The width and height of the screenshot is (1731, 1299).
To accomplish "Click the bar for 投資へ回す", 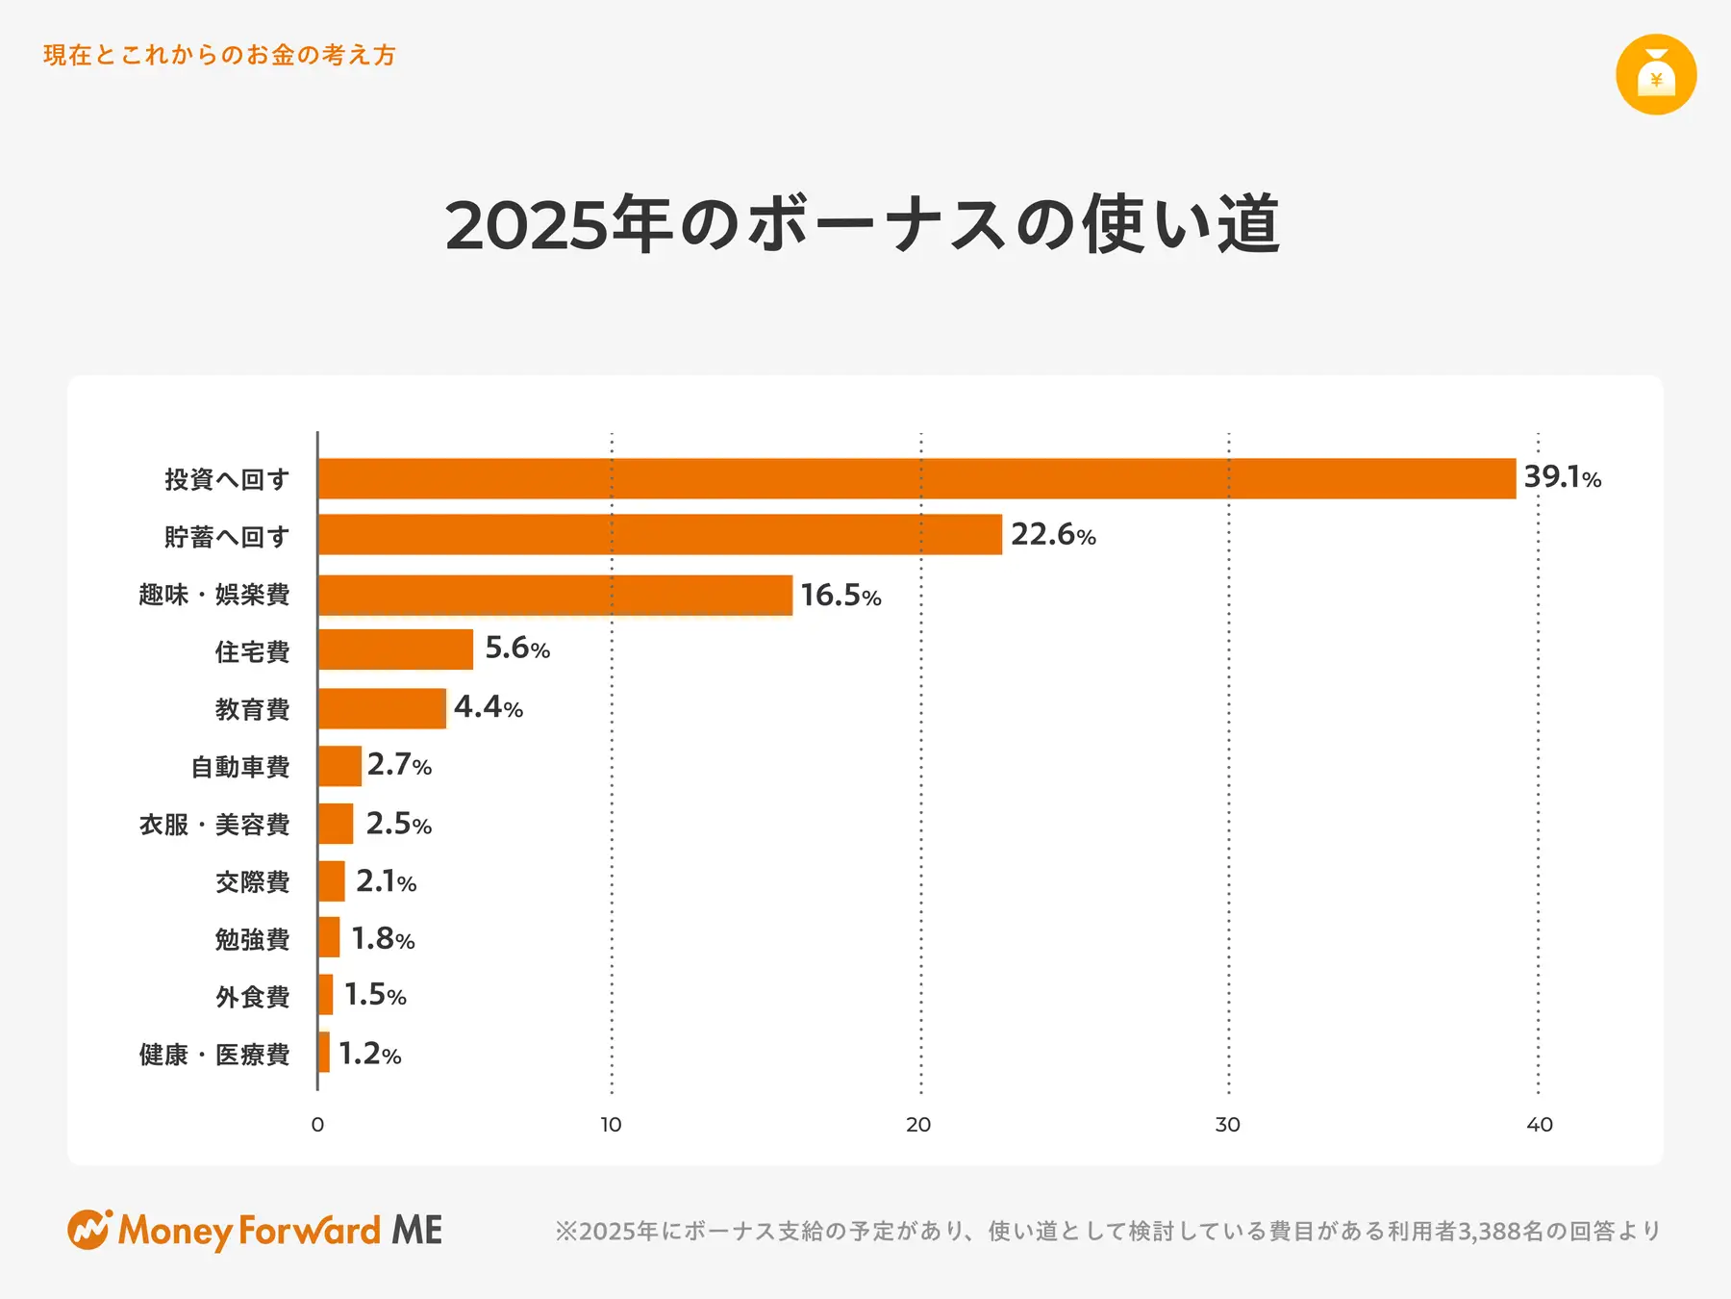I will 916,478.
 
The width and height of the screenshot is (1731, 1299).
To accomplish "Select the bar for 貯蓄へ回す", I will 660,534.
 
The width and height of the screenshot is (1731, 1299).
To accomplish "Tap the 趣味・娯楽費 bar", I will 555,595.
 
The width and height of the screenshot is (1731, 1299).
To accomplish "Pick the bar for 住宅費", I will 395,649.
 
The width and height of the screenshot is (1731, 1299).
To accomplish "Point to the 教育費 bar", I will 382,708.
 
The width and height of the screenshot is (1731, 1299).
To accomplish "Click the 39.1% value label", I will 1562,477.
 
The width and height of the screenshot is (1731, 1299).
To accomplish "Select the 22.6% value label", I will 1053,534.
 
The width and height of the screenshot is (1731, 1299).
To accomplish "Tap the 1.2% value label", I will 369,1054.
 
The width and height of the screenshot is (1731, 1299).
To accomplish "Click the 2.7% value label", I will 399,765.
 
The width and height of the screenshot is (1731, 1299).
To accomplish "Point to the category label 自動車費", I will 240,767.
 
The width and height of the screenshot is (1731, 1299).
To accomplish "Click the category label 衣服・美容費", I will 213,825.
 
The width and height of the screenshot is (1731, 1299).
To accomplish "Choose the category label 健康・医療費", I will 213,1055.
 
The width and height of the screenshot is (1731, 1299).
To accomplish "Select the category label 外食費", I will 252,997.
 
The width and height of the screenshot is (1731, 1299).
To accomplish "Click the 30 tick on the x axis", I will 1227,1124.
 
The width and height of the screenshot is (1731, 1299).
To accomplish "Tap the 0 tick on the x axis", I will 317,1124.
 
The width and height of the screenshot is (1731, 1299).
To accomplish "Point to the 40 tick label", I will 1539,1124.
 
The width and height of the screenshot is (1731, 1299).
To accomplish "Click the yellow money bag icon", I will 1655,75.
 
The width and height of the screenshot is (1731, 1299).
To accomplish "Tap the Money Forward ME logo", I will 255,1231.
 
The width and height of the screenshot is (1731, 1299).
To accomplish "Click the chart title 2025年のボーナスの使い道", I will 863,225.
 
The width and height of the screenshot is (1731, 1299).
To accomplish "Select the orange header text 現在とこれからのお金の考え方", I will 219,55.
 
